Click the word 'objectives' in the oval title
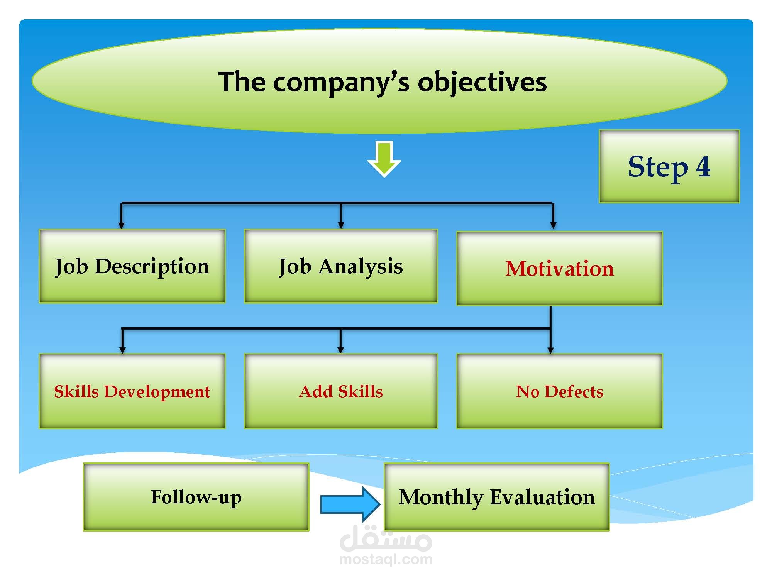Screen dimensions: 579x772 [482, 82]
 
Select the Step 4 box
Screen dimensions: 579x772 [669, 166]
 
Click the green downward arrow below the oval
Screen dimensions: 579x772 [384, 158]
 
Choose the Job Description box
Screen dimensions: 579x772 [132, 266]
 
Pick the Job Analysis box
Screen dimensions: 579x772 [341, 266]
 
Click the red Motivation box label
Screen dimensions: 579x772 [559, 269]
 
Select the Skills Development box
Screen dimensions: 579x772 [132, 391]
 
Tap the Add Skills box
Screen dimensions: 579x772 [341, 391]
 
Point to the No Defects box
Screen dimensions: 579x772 [559, 391]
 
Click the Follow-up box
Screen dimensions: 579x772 [196, 497]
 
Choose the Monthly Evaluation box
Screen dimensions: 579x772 [497, 497]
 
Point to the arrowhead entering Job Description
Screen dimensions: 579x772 [121, 225]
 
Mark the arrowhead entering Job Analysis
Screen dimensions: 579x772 [341, 225]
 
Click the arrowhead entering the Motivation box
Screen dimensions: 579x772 [553, 225]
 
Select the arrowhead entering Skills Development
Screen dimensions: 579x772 [122, 350]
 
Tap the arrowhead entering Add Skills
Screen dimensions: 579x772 [340, 350]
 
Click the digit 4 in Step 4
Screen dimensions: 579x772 [703, 167]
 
